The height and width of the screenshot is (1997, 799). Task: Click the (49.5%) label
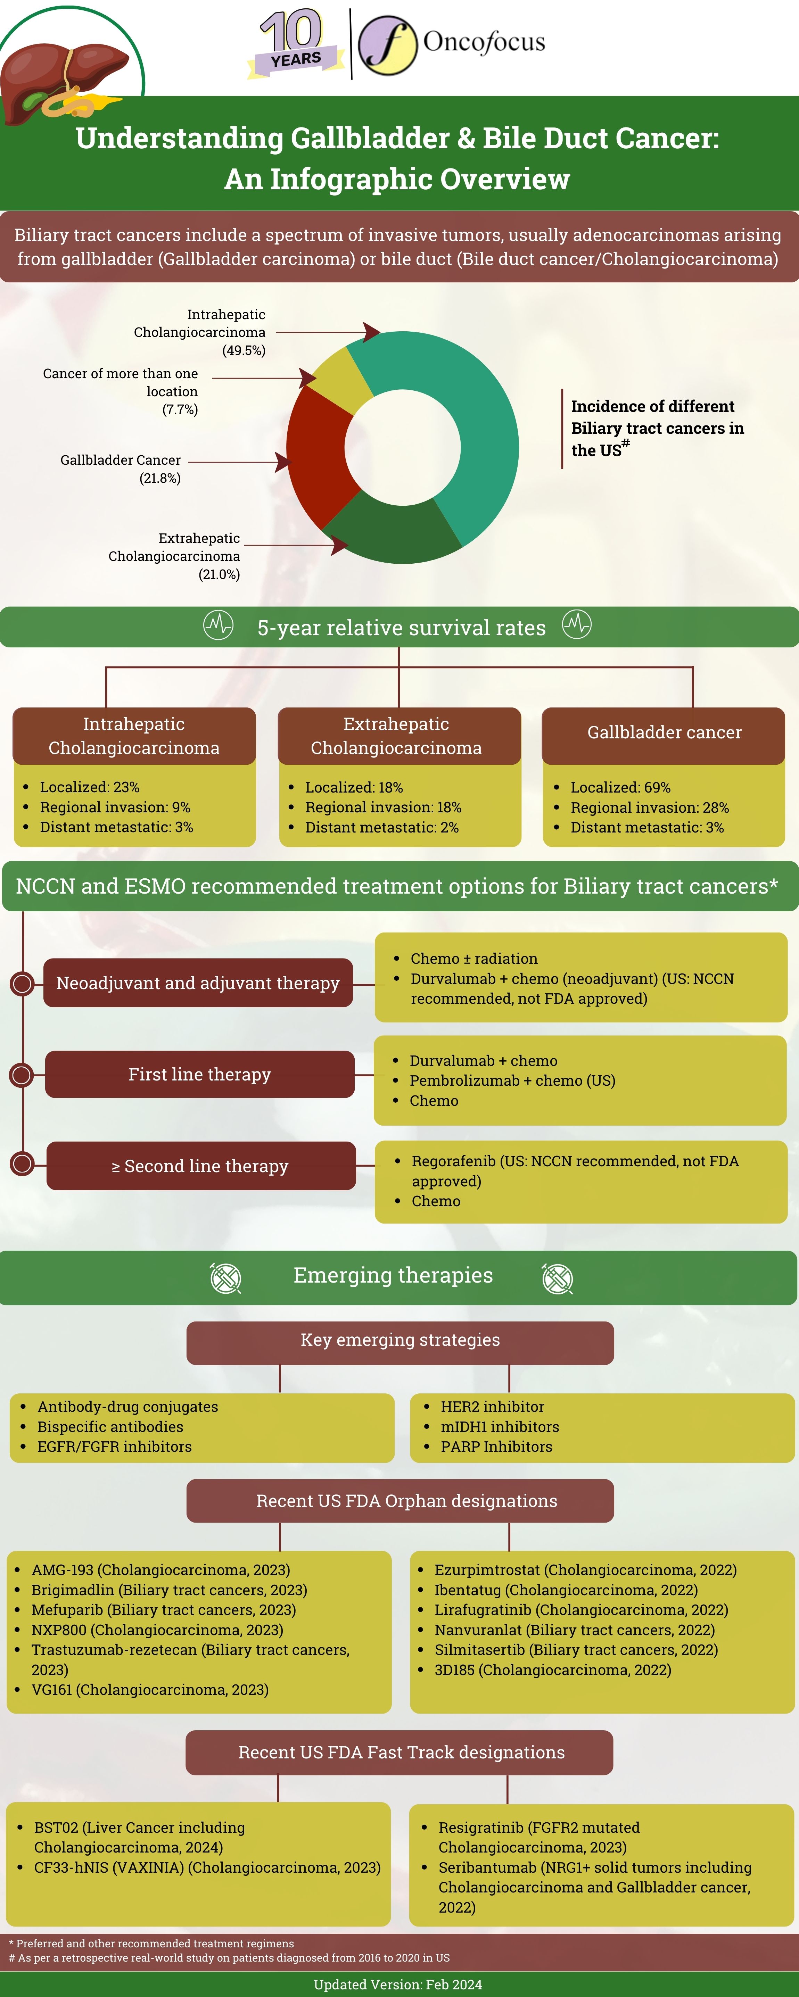pos(244,350)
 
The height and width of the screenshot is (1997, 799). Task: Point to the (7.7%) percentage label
pos(180,409)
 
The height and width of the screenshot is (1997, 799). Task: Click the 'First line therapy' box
pos(199,1075)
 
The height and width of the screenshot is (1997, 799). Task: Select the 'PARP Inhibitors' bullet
pos(496,1447)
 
